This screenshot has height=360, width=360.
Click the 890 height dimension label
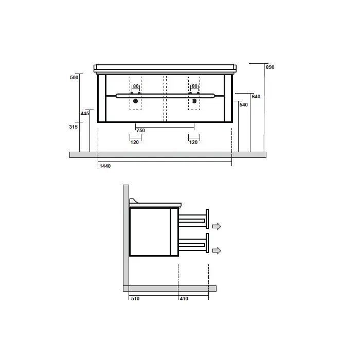point(270,67)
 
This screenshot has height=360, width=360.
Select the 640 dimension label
point(256,97)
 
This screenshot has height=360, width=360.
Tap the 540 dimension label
point(244,105)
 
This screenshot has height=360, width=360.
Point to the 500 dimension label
point(74,78)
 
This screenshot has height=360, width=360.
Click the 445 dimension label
point(85,114)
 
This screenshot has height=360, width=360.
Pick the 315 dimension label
point(74,127)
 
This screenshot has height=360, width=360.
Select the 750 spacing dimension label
point(141,131)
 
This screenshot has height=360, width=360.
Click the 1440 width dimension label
point(105,166)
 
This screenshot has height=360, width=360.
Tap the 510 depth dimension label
point(135,299)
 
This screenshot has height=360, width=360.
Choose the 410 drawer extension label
point(184,299)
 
